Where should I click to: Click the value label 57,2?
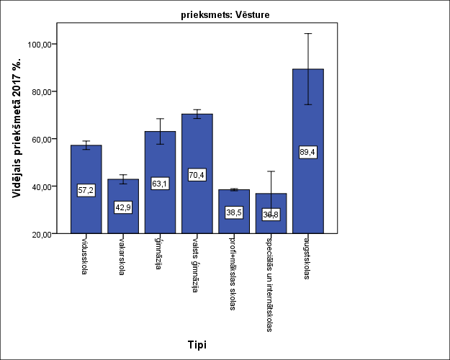tap(86, 190)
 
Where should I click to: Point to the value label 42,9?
tap(122, 207)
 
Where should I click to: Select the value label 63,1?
tap(160, 184)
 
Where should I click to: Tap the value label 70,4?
tap(197, 175)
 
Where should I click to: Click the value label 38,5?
tap(233, 212)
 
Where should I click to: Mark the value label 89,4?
tap(307, 152)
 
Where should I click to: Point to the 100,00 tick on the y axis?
tap(41, 45)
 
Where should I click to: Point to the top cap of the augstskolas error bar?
tap(307, 34)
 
